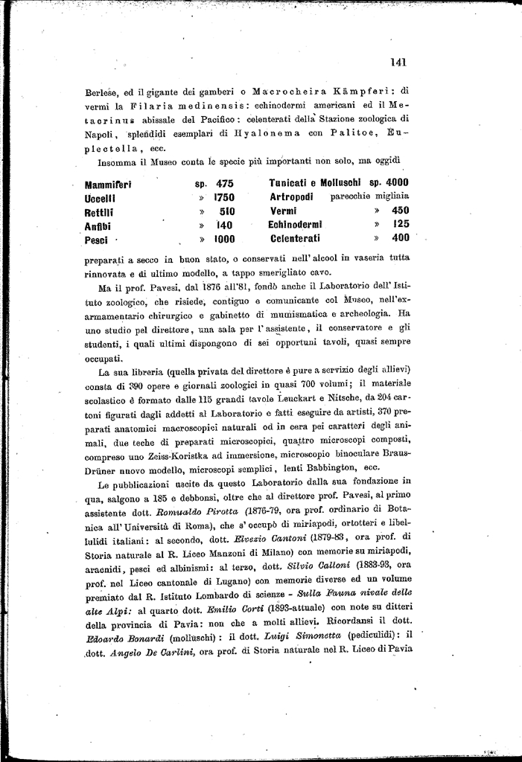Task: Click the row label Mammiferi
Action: [x=108, y=184]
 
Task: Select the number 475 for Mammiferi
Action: [x=225, y=183]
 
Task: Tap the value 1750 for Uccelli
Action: [x=224, y=197]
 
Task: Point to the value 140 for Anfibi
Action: [x=224, y=225]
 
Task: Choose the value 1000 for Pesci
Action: [x=224, y=240]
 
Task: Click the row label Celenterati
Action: [x=294, y=238]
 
